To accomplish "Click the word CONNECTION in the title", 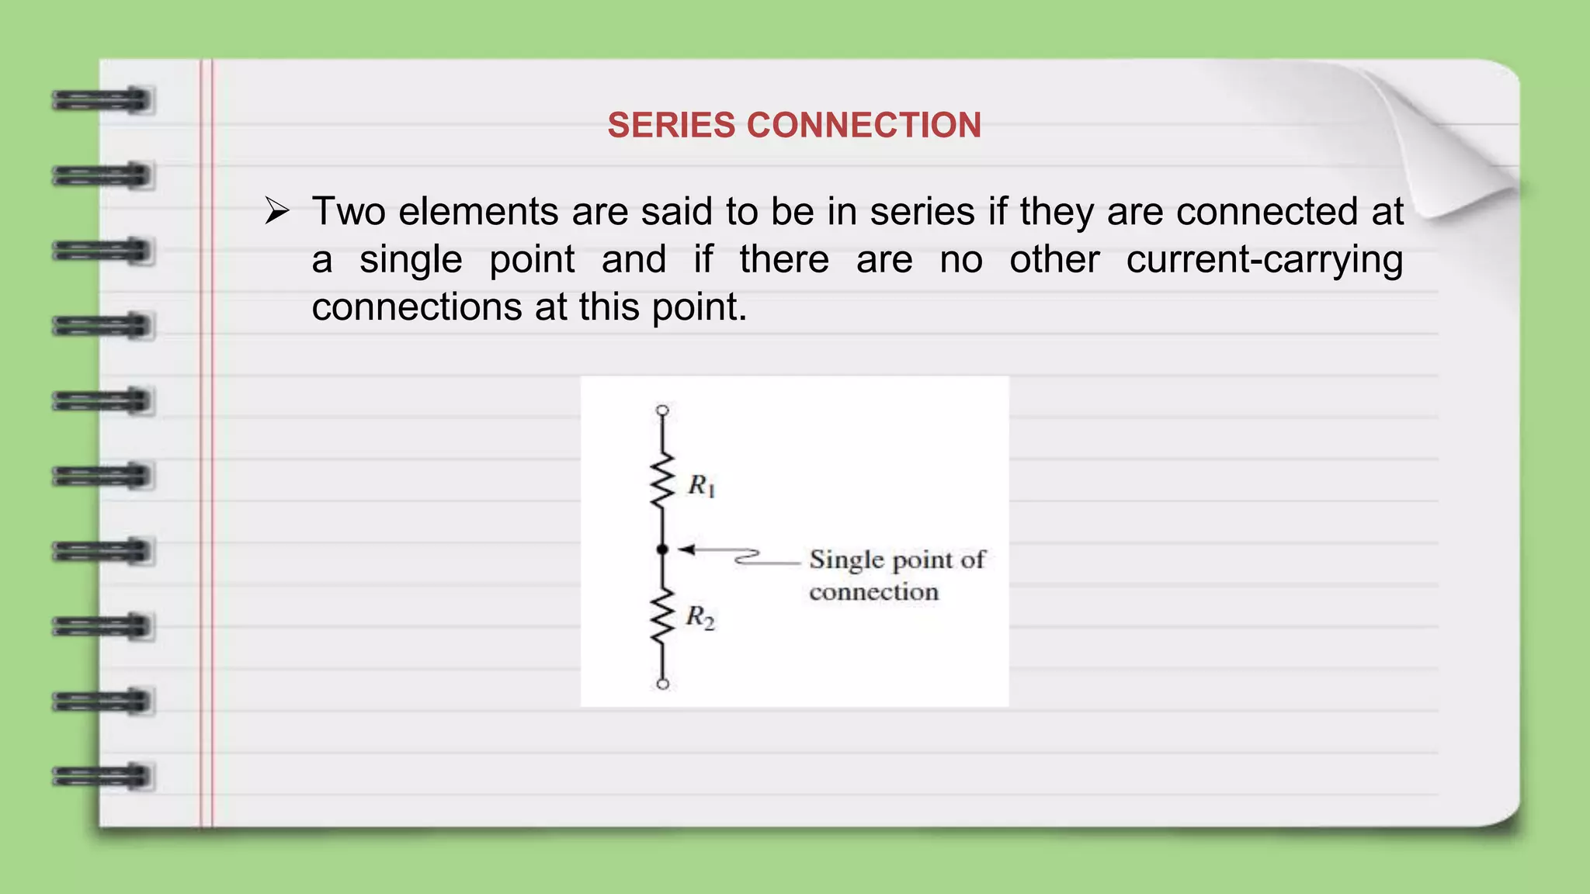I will click(x=864, y=126).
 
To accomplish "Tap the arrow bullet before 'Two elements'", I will click(x=276, y=211).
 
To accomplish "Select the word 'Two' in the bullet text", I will click(x=349, y=212).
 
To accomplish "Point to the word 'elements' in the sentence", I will click(x=478, y=212).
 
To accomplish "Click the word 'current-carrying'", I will click(x=1265, y=260).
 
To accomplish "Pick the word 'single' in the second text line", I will click(x=411, y=260).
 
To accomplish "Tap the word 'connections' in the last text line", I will click(x=416, y=307).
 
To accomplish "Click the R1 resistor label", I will click(x=701, y=486).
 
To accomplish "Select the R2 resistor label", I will click(x=700, y=618).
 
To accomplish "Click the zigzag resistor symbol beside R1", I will click(x=662, y=481).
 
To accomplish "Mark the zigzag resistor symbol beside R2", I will click(x=662, y=615).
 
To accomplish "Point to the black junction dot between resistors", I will click(x=662, y=549).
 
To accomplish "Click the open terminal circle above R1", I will click(x=662, y=410).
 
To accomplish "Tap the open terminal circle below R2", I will click(x=662, y=684).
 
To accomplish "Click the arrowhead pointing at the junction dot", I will click(x=686, y=549).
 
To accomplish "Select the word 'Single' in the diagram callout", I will click(x=846, y=560).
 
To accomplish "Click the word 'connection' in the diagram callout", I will click(x=873, y=592).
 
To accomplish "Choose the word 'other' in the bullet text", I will click(x=1054, y=260).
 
